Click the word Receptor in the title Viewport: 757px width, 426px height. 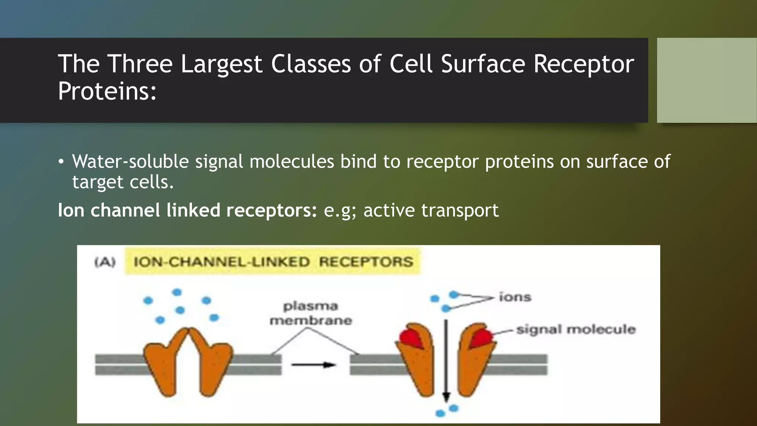(584, 64)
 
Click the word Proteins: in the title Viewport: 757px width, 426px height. (107, 91)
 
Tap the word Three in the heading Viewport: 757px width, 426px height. (140, 64)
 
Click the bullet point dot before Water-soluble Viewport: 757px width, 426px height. (61, 162)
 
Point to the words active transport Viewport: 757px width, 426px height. (431, 210)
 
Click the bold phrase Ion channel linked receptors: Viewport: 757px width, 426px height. (187, 210)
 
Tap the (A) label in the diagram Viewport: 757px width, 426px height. (105, 262)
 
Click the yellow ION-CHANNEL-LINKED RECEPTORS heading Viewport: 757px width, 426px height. (273, 262)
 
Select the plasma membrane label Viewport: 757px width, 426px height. (310, 313)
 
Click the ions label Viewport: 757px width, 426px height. (515, 297)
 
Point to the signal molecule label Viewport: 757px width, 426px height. (576, 329)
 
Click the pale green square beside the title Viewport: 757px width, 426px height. (706, 80)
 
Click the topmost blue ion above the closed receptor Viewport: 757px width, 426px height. (177, 292)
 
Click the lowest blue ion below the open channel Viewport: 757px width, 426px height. (440, 413)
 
